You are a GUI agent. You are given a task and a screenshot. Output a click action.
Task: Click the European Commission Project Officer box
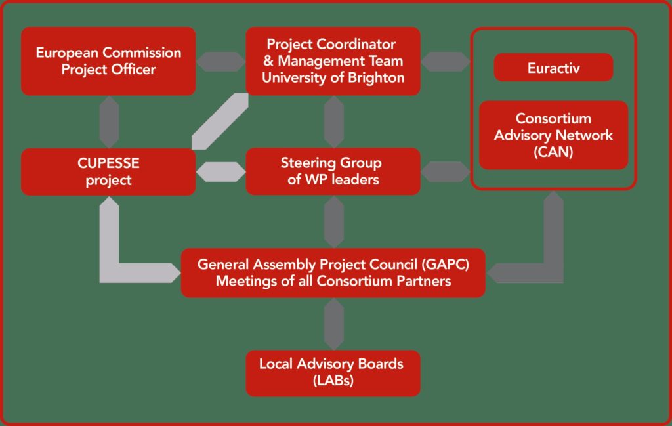click(108, 61)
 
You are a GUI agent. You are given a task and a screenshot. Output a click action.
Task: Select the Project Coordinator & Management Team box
click(333, 61)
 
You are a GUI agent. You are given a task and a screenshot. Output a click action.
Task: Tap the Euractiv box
click(553, 68)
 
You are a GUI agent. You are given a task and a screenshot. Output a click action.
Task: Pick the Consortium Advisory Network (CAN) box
click(553, 135)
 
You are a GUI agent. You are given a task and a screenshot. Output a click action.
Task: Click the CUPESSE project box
click(108, 171)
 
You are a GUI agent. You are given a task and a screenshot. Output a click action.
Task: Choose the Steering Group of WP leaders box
click(333, 171)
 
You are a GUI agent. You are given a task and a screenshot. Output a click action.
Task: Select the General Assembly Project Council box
click(333, 273)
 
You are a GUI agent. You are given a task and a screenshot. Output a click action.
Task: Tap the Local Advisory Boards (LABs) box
click(333, 373)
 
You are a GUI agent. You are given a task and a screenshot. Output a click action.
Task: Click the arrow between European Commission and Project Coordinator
click(220, 62)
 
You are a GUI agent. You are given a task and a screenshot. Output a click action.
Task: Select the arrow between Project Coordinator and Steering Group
click(333, 121)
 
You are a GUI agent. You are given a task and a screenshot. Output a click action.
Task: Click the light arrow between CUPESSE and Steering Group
click(220, 171)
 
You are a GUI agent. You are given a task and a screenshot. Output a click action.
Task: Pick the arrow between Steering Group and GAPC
click(333, 221)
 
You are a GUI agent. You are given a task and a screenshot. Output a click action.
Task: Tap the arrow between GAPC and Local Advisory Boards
click(333, 324)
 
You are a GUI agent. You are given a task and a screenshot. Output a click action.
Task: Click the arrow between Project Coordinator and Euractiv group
click(446, 62)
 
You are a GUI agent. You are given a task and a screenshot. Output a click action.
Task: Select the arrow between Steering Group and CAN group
click(446, 172)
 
